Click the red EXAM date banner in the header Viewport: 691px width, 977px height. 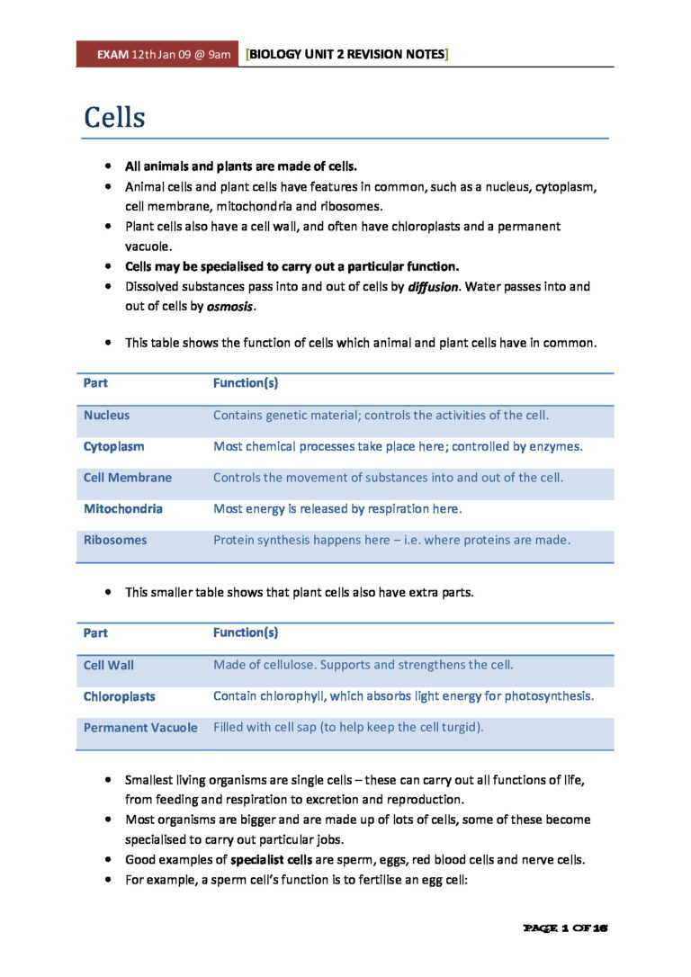[158, 55]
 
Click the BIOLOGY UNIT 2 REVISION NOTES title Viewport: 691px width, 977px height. [346, 55]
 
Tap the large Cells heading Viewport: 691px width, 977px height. [114, 117]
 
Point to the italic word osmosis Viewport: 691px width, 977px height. [230, 307]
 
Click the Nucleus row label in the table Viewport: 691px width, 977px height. [106, 416]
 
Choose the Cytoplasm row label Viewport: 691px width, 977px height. [113, 446]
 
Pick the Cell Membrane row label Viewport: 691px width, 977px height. [127, 478]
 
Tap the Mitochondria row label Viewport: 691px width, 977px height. [122, 509]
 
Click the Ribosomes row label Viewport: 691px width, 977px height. [114, 541]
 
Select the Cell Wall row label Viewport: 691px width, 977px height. [108, 666]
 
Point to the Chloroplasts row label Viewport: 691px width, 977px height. [119, 696]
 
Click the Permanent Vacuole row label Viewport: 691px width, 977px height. [140, 728]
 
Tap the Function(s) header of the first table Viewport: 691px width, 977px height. [245, 383]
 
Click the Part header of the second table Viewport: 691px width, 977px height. [95, 633]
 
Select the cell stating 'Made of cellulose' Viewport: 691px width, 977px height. [363, 666]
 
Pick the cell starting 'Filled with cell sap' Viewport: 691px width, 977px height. [348, 728]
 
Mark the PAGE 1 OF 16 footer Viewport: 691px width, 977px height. [566, 927]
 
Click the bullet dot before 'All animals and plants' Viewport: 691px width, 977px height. [108, 166]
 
